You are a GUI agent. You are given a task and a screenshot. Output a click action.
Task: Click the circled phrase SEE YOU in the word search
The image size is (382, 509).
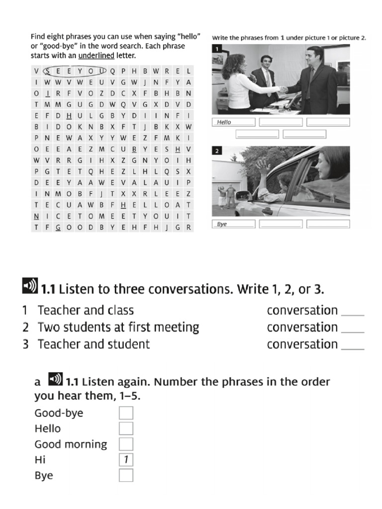pyautogui.click(x=75, y=71)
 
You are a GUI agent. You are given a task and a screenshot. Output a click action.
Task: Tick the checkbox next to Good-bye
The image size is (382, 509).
pyautogui.click(x=126, y=413)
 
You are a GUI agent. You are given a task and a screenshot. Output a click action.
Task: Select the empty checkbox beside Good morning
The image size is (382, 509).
pyautogui.click(x=126, y=444)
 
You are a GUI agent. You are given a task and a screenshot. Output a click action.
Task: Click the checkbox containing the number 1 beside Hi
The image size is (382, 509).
pyautogui.click(x=126, y=460)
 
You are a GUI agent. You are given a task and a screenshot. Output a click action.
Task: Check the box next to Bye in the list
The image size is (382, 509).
pyautogui.click(x=126, y=476)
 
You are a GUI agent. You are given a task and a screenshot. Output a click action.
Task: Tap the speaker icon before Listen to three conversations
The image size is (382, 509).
pyautogui.click(x=30, y=286)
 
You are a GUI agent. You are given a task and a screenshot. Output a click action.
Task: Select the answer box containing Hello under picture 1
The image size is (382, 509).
pyautogui.click(x=233, y=122)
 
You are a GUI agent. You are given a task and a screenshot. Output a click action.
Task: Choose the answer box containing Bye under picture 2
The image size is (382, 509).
pyautogui.click(x=233, y=224)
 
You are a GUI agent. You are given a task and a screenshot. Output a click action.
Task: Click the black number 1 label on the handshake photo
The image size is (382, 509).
pyautogui.click(x=217, y=49)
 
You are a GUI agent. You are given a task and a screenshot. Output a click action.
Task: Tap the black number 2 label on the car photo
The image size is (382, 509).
pyautogui.click(x=217, y=151)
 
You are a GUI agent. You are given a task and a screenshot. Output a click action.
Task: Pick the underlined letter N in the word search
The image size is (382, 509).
pyautogui.click(x=36, y=216)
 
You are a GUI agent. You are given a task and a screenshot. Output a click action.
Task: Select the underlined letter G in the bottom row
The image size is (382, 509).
pyautogui.click(x=58, y=227)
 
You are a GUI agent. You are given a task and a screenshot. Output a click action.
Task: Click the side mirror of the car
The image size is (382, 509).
pyautogui.click(x=242, y=195)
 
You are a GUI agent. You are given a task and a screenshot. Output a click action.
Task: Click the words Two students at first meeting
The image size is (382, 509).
pyautogui.click(x=118, y=328)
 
